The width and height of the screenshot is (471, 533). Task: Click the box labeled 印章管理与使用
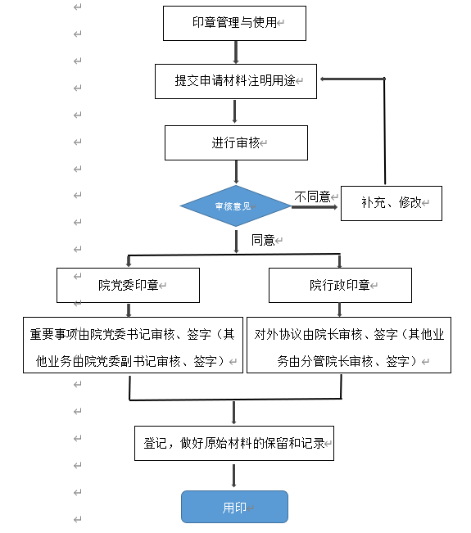coord(234,23)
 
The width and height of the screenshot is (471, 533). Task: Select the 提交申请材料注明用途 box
coord(235,81)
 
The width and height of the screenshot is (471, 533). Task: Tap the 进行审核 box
coord(235,142)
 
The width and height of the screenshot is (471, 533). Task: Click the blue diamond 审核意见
coord(235,206)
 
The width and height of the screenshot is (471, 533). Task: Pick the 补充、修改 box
coord(390,202)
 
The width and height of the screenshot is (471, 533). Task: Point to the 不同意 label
coord(312,196)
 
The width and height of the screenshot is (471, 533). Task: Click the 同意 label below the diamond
coord(262,240)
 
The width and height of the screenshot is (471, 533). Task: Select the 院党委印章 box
coord(128,286)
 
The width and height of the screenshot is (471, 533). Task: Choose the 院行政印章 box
coord(339,286)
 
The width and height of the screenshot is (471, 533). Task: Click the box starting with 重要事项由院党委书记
coord(133,346)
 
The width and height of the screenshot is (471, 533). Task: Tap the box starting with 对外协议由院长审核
coord(348,346)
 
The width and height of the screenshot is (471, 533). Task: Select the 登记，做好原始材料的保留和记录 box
coord(234,443)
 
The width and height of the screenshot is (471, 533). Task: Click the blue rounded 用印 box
coord(234,507)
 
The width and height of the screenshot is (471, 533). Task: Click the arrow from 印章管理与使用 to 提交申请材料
coord(235,52)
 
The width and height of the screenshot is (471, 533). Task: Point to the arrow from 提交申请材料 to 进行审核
coord(235,112)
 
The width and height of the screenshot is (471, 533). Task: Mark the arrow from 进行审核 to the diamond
coord(236,172)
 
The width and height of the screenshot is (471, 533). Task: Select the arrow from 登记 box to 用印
coord(234,476)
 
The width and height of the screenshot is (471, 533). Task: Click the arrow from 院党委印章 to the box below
coord(129,310)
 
